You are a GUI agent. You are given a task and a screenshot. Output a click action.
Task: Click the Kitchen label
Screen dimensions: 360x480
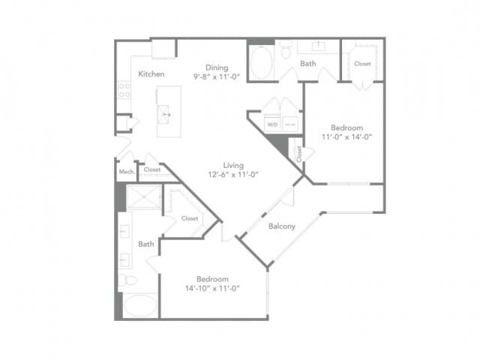pyautogui.click(x=151, y=74)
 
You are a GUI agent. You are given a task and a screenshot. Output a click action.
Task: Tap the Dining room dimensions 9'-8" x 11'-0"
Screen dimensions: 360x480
pyautogui.click(x=216, y=76)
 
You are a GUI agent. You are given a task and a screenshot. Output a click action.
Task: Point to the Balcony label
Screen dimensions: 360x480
pyautogui.click(x=281, y=226)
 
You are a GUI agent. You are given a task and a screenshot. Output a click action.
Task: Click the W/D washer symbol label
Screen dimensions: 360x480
pyautogui.click(x=273, y=124)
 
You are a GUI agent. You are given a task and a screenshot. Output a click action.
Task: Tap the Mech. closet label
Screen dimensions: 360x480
pyautogui.click(x=125, y=170)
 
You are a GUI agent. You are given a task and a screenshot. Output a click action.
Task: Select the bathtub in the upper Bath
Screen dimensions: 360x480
pyautogui.click(x=262, y=63)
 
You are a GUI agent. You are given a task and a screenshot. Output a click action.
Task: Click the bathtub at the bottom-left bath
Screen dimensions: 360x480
pyautogui.click(x=139, y=305)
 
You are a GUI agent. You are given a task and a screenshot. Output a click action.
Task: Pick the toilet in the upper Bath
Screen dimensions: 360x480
pyautogui.click(x=286, y=49)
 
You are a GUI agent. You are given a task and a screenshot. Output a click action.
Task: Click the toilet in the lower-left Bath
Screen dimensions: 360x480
pyautogui.click(x=129, y=280)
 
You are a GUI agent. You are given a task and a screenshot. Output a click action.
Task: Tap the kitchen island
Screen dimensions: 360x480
pyautogui.click(x=169, y=111)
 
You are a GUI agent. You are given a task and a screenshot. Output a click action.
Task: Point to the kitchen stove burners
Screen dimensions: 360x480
pyautogui.click(x=124, y=90)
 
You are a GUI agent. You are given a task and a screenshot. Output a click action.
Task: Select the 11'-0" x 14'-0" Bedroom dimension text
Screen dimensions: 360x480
pyautogui.click(x=347, y=136)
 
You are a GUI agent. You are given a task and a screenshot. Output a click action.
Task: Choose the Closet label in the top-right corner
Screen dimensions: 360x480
pyautogui.click(x=362, y=64)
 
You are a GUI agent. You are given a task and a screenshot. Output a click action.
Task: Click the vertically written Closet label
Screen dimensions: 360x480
pyautogui.click(x=298, y=154)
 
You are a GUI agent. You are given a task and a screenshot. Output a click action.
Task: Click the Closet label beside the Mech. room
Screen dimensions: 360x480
pyautogui.click(x=152, y=169)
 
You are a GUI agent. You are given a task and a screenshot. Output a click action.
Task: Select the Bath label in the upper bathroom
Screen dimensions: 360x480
pyautogui.click(x=308, y=64)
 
